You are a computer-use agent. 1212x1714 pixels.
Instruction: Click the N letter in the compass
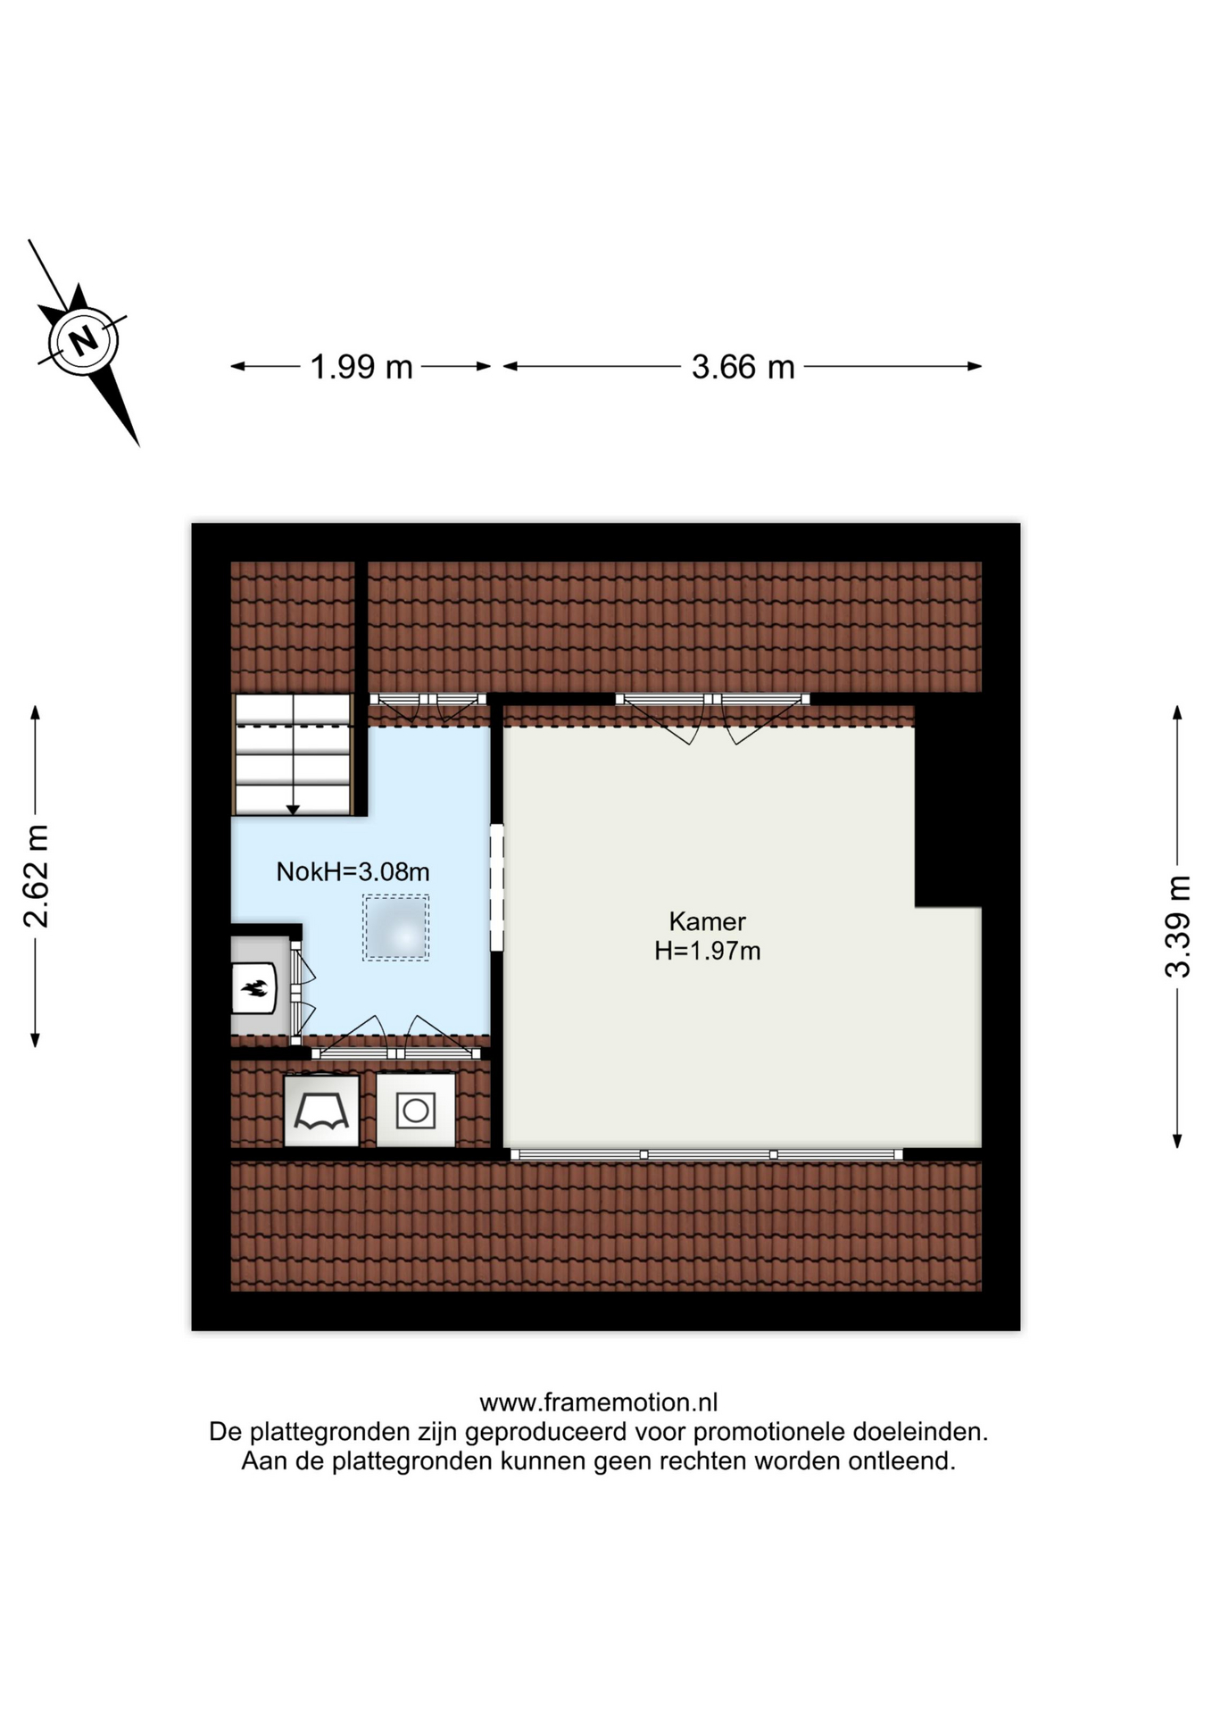(84, 339)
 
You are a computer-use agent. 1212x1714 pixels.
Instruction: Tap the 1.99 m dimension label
(361, 367)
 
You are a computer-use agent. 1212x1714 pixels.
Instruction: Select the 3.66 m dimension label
(743, 367)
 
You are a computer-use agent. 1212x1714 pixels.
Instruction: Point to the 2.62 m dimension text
(36, 877)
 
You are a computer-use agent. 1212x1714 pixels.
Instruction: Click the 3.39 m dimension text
(1177, 927)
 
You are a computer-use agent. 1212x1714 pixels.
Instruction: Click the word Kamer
(707, 921)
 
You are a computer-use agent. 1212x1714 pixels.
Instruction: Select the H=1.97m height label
(707, 951)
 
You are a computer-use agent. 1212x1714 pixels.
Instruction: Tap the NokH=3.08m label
(353, 871)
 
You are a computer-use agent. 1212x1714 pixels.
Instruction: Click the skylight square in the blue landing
(395, 928)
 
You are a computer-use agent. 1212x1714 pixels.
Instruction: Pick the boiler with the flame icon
(254, 987)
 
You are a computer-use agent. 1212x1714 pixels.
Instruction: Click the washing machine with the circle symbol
(416, 1111)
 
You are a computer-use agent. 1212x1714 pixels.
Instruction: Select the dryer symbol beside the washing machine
(321, 1111)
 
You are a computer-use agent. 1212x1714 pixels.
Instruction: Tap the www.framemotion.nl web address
(599, 1402)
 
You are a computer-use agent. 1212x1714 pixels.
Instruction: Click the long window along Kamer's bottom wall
(706, 1154)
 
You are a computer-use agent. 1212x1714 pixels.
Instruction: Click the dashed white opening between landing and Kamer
(497, 887)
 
